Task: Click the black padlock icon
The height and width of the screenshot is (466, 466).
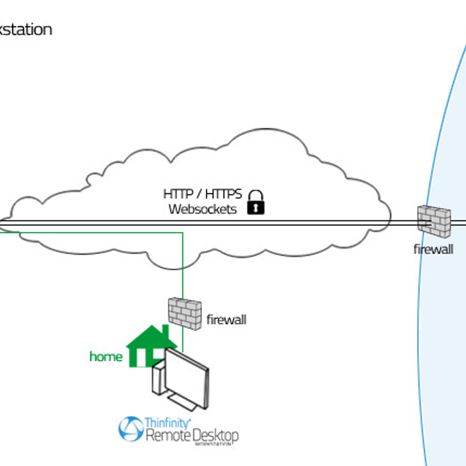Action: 256,203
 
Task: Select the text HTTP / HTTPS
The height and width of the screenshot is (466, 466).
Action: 202,194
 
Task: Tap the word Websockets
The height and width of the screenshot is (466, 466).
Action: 202,209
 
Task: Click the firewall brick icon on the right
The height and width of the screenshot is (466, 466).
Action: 434,221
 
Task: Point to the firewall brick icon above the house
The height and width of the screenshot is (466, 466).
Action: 185,313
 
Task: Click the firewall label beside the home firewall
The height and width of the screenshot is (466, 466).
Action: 226,320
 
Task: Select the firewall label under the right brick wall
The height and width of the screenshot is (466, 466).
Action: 433,249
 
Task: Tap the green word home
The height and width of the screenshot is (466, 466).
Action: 106,356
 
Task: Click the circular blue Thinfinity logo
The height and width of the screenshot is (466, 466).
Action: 131,429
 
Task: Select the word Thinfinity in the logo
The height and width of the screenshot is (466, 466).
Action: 167,423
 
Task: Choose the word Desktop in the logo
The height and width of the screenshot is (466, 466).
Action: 216,435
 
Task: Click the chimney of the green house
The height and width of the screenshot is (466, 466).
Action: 165,331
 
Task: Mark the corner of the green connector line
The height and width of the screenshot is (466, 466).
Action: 183,233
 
